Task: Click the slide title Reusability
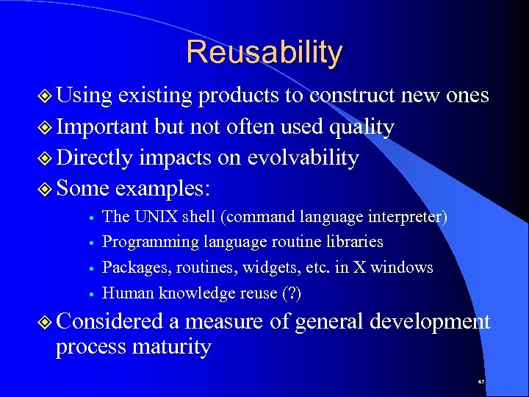coord(264,53)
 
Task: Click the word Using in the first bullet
coord(84,96)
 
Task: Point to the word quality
coord(361,127)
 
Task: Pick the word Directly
coord(94,158)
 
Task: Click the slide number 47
coord(481,382)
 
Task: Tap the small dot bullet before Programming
coord(88,243)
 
